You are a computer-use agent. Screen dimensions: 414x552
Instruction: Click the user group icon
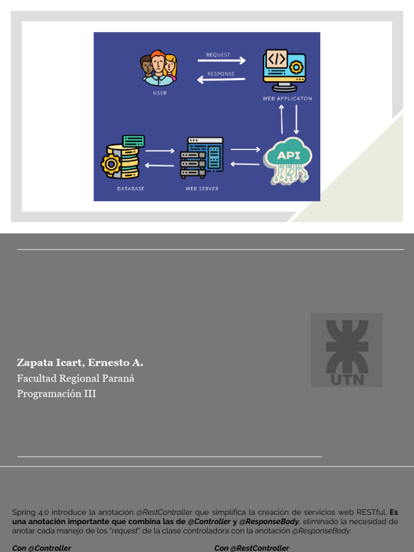[158, 68]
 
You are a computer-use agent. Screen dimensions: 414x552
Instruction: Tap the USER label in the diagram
[160, 93]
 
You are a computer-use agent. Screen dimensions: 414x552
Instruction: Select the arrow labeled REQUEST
[225, 61]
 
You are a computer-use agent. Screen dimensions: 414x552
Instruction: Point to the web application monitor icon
[284, 71]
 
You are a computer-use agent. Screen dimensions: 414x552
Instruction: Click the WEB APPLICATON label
[287, 99]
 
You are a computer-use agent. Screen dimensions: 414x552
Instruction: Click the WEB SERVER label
[202, 189]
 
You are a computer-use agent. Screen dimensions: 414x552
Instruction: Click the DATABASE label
[130, 189]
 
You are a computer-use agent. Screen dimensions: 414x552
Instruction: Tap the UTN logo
[347, 350]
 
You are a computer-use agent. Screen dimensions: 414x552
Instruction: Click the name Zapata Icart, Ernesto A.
[80, 362]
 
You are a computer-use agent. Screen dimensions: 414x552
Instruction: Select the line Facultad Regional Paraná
[75, 378]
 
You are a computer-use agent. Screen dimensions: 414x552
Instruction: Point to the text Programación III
[56, 394]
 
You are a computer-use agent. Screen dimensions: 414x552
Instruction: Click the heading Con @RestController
[251, 548]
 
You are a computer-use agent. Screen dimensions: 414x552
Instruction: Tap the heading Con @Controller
[42, 548]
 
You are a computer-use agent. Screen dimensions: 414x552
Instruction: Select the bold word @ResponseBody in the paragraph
[269, 521]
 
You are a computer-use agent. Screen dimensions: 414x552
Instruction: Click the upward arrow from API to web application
[281, 119]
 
